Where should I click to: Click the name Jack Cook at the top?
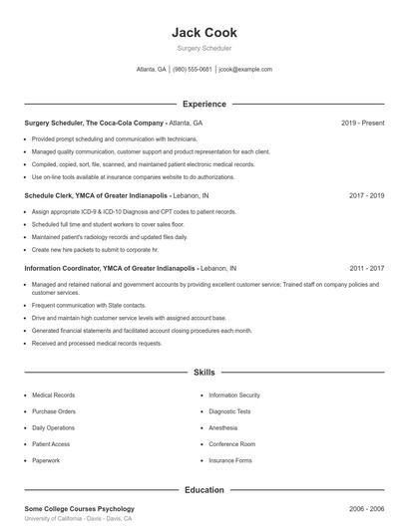(204, 32)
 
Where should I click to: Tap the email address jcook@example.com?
(244, 70)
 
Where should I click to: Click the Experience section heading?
(204, 104)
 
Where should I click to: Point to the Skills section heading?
(204, 373)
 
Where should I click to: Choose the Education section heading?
(204, 490)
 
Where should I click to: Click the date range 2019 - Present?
(362, 123)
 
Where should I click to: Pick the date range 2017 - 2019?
(366, 196)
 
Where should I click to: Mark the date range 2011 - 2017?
(366, 269)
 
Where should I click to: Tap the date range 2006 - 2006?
(366, 509)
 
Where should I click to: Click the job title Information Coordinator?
(66, 269)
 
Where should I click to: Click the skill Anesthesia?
(223, 427)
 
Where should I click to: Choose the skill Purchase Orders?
(54, 411)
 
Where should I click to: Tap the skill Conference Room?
(231, 444)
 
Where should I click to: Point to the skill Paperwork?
(46, 460)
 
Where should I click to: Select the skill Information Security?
(234, 396)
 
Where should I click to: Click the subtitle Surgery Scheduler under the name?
(204, 48)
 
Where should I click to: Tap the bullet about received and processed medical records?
(96, 343)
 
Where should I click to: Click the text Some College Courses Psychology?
(79, 509)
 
